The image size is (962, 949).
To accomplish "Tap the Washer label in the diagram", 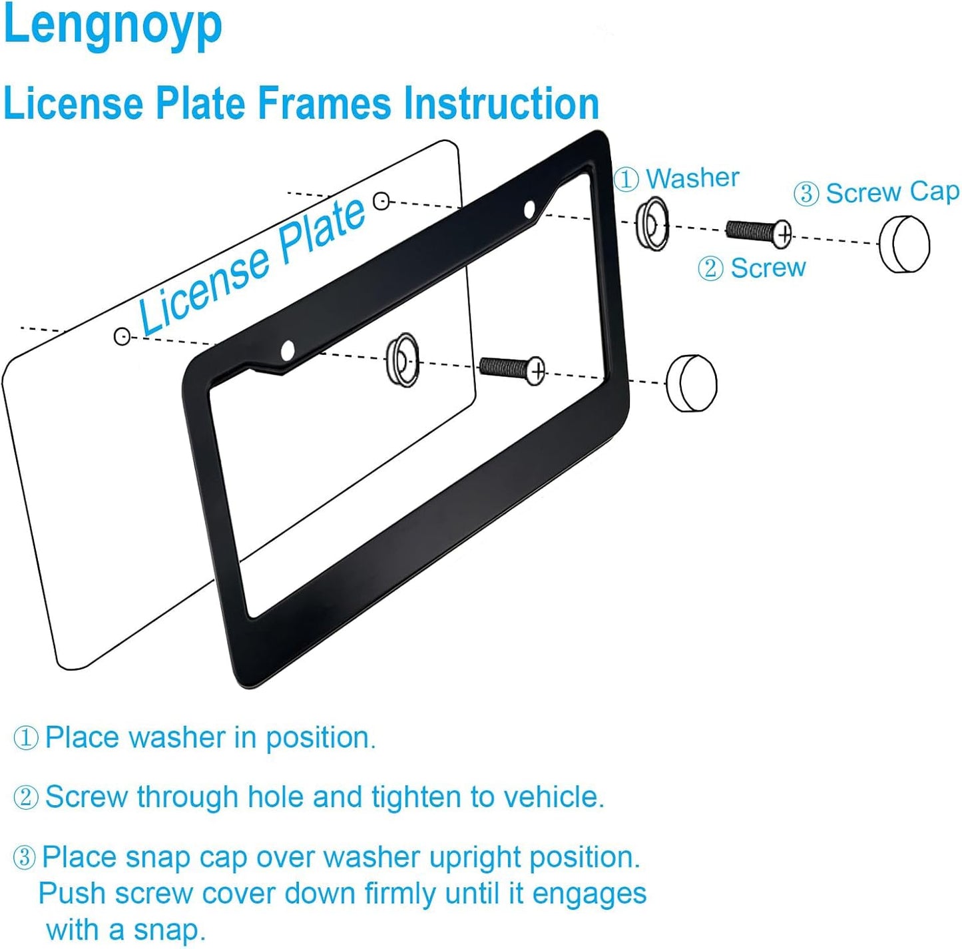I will pyautogui.click(x=692, y=178).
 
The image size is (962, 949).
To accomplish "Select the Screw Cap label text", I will pyautogui.click(x=892, y=192).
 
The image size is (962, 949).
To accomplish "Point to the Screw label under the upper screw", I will pyautogui.click(x=768, y=268).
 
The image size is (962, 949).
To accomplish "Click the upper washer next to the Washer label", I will pyautogui.click(x=652, y=224).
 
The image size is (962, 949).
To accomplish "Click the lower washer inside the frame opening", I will pyautogui.click(x=403, y=360).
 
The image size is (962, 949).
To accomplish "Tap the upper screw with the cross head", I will pyautogui.click(x=758, y=232).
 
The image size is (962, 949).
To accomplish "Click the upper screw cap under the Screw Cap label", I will pyautogui.click(x=904, y=244).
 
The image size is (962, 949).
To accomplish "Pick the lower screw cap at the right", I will pyautogui.click(x=692, y=384).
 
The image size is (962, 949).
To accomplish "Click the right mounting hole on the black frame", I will pyautogui.click(x=530, y=210).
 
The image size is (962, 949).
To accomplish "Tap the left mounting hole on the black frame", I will pyautogui.click(x=288, y=350).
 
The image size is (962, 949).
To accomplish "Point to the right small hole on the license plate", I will pyautogui.click(x=381, y=200).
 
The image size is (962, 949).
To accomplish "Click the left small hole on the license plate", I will pyautogui.click(x=122, y=336).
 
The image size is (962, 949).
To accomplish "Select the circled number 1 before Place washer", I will pyautogui.click(x=26, y=738).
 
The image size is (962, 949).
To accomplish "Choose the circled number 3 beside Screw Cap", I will pyautogui.click(x=806, y=194).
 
